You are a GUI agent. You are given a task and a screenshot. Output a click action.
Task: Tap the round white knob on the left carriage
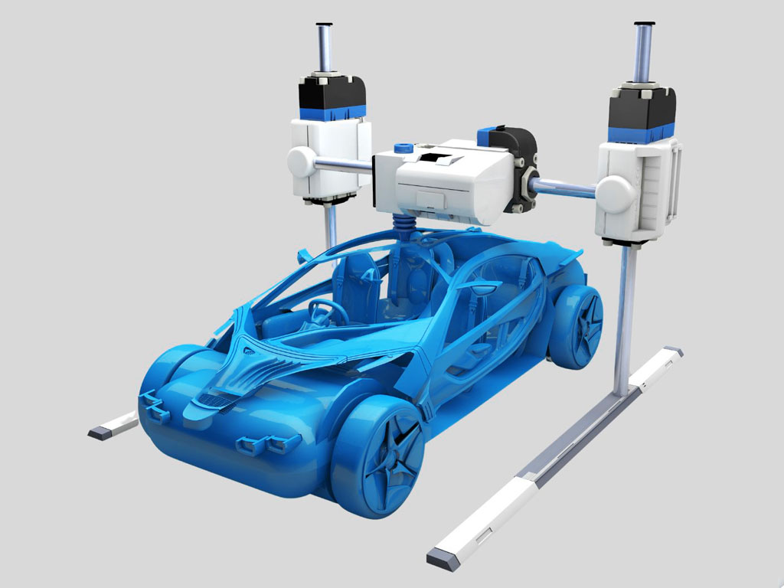point(301,162)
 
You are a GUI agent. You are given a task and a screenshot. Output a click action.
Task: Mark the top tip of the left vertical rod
point(324,25)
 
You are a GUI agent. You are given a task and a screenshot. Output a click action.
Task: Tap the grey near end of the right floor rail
point(443,559)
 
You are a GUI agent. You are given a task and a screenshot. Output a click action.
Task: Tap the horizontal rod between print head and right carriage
point(567,188)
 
